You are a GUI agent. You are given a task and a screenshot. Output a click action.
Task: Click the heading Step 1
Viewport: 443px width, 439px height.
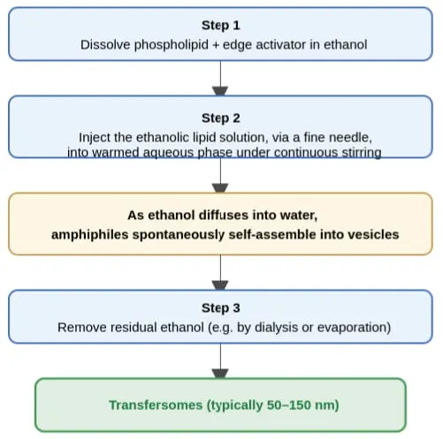tap(221, 26)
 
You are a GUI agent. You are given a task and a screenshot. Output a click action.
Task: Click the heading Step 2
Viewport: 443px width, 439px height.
tap(221, 118)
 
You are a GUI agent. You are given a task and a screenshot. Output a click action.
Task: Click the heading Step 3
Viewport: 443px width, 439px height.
tap(221, 308)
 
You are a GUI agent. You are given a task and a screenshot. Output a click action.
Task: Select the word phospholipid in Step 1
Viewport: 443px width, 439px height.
tap(172, 45)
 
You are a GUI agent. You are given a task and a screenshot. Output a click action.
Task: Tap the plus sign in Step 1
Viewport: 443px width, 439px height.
tap(216, 45)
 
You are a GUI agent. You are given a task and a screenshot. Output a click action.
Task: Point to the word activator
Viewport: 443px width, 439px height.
tap(281, 45)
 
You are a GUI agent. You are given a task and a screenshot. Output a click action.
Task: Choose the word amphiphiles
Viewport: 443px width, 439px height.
tap(90, 235)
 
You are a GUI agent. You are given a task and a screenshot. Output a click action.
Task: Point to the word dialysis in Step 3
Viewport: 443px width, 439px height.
tap(276, 328)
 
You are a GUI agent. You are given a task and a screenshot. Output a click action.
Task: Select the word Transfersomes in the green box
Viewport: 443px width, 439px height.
tap(156, 405)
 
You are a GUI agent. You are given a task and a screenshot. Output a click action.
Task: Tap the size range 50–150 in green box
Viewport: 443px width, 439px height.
tap(288, 405)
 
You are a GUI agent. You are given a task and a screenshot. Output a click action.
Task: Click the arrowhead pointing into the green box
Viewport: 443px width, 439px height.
tap(220, 374)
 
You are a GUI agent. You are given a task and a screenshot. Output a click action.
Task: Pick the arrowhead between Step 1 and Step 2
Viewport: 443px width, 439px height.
tap(220, 91)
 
